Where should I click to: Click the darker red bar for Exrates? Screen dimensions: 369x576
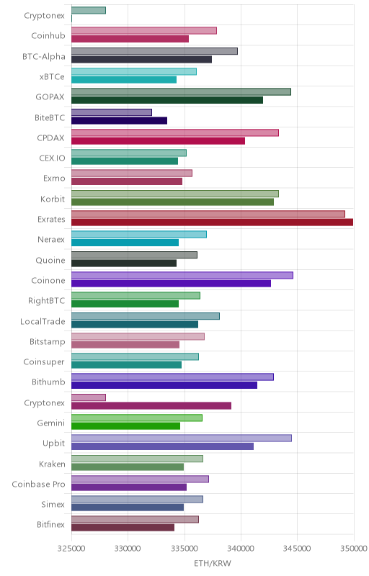click(212, 222)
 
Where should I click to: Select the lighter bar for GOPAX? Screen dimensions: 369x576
click(181, 92)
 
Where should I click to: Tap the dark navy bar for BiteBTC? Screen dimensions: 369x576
click(119, 120)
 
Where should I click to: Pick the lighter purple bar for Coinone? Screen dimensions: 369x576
click(182, 275)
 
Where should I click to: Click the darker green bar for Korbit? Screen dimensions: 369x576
click(172, 202)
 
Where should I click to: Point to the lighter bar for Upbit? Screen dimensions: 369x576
click(182, 438)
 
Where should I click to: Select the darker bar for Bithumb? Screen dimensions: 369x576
click(164, 385)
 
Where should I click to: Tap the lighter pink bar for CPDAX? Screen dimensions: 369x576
click(175, 132)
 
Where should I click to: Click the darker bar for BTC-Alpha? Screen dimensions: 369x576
click(141, 60)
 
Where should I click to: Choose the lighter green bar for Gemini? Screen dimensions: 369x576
click(137, 418)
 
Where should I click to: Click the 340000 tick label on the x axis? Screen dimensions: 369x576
click(241, 549)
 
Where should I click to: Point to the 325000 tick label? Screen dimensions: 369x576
click(71, 549)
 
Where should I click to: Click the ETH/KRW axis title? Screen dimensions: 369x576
click(213, 563)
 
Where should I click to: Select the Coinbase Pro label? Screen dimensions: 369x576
click(39, 484)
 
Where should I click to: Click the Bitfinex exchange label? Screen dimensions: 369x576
click(50, 525)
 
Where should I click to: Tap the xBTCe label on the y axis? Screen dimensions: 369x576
click(52, 77)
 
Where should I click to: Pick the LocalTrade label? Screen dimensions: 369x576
click(43, 321)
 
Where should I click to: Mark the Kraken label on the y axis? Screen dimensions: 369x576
click(52, 464)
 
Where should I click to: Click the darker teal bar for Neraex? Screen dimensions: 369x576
click(125, 243)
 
